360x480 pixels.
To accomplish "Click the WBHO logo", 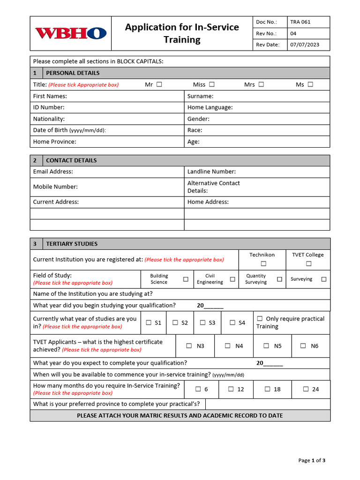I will pyautogui.click(x=71, y=33).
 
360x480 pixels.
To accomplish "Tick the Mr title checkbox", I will pyautogui.click(x=159, y=84).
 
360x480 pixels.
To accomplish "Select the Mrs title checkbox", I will pyautogui.click(x=261, y=84).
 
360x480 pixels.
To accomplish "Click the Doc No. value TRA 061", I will pyautogui.click(x=300, y=22).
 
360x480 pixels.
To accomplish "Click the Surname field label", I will pyautogui.click(x=200, y=96).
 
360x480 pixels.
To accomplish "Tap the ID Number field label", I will pyautogui.click(x=49, y=107).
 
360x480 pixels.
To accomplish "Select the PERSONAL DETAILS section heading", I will pyautogui.click(x=73, y=73).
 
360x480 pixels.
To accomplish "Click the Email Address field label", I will pyautogui.click(x=53, y=172).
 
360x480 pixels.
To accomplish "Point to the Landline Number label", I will pyautogui.click(x=211, y=172).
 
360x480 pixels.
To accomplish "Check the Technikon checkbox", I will pyautogui.click(x=263, y=263).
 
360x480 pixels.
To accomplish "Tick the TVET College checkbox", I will pyautogui.click(x=308, y=263).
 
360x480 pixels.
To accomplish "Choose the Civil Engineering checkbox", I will pyautogui.click(x=232, y=279).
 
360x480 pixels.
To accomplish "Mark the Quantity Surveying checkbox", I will pyautogui.click(x=279, y=279).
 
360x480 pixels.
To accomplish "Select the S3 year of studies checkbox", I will pyautogui.click(x=202, y=322).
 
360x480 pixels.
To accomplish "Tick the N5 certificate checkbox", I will pyautogui.click(x=266, y=346).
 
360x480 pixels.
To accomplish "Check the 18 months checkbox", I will pyautogui.click(x=267, y=389).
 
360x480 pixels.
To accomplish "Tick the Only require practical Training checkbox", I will pyautogui.click(x=260, y=319).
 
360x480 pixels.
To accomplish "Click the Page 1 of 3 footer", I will pyautogui.click(x=312, y=460).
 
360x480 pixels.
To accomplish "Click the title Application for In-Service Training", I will pyautogui.click(x=182, y=33).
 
